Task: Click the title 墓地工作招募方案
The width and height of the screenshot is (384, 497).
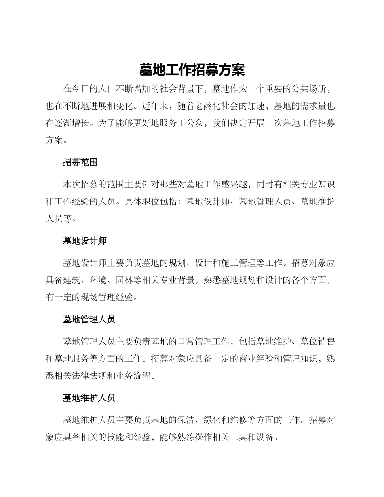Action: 192,70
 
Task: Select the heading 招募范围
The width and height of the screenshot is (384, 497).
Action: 80,162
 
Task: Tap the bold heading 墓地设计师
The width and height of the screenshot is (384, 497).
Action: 84,241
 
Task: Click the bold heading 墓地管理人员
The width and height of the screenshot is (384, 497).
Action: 89,319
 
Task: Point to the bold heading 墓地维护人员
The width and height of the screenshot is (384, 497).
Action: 89,398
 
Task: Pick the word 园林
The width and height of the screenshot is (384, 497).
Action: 124,280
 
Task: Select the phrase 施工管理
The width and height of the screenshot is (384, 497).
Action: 238,263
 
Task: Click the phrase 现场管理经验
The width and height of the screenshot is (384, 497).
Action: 107,298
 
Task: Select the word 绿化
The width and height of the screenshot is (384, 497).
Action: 212,420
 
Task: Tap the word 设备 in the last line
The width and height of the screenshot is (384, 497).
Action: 265,437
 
